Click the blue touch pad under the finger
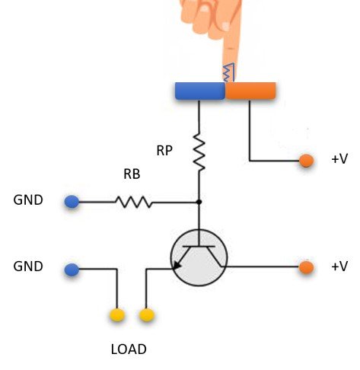coord(199,91)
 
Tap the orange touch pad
coord(251,91)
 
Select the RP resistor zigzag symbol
coord(199,152)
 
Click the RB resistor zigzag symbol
coord(134,202)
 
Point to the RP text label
coord(164,151)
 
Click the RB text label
coord(132,174)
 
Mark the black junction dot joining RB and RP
coord(199,202)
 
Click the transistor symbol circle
coord(199,259)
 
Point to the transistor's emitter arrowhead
coord(178,266)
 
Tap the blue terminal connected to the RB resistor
coord(72,202)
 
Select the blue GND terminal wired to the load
coord(72,270)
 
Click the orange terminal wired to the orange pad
coord(306,161)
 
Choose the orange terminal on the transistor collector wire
coord(306,267)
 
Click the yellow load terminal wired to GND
coord(117,314)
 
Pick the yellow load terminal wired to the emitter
coord(146,314)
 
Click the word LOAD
coord(129,350)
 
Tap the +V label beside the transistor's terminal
coord(339,266)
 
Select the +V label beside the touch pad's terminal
coord(339,160)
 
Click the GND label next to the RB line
coord(28,201)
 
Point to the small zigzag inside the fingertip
coord(228,72)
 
